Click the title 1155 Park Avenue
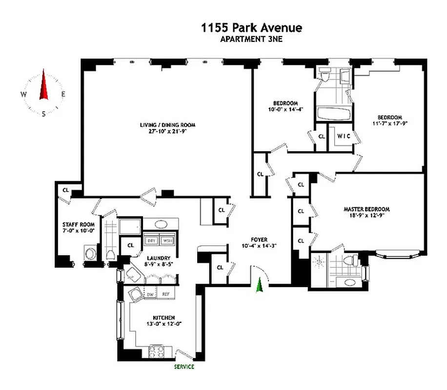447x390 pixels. tap(251, 28)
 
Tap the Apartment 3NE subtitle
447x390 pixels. tap(251, 39)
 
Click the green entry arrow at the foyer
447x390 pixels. tap(260, 284)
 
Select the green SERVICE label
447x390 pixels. tap(184, 367)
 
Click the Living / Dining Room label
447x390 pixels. tap(163, 125)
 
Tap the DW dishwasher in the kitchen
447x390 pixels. tap(151, 294)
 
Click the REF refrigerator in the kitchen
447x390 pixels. tap(166, 294)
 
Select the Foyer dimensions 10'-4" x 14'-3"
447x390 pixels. tap(259, 246)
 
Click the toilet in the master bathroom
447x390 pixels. tap(348, 261)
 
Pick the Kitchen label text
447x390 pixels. tap(163, 317)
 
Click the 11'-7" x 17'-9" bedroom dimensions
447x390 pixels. tap(389, 124)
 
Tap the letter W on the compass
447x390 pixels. tap(23, 95)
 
